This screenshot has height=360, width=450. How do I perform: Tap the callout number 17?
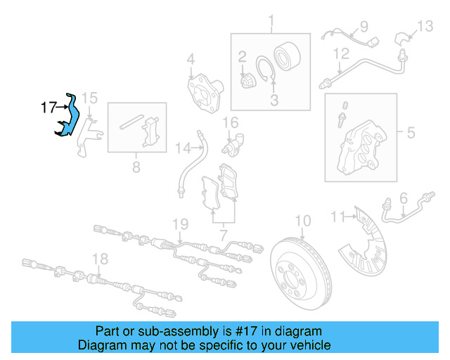(x=48, y=108)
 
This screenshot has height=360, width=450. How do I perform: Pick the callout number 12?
(x=341, y=53)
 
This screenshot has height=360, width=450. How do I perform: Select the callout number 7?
(x=223, y=233)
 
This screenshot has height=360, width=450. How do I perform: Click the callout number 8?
(x=136, y=167)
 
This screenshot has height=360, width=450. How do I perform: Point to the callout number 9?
(x=364, y=27)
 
